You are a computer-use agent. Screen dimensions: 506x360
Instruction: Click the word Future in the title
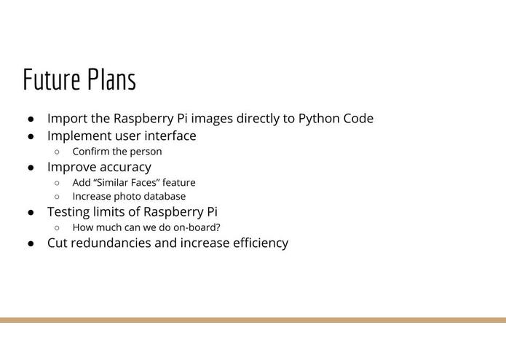[52, 79]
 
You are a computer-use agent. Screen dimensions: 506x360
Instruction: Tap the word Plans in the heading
[112, 79]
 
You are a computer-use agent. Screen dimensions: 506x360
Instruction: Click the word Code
[358, 118]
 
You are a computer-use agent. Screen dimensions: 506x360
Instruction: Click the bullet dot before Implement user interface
[31, 136]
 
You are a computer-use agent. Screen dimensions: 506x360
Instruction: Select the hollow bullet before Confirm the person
[57, 152]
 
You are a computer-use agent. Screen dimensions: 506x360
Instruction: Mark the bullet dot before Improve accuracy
[31, 168]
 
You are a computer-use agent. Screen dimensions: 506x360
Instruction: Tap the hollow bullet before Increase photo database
[57, 196]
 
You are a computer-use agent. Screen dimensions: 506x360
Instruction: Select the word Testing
[68, 213]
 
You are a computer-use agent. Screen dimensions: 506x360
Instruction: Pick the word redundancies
[111, 243]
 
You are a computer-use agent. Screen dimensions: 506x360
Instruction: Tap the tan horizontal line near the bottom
[253, 320]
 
